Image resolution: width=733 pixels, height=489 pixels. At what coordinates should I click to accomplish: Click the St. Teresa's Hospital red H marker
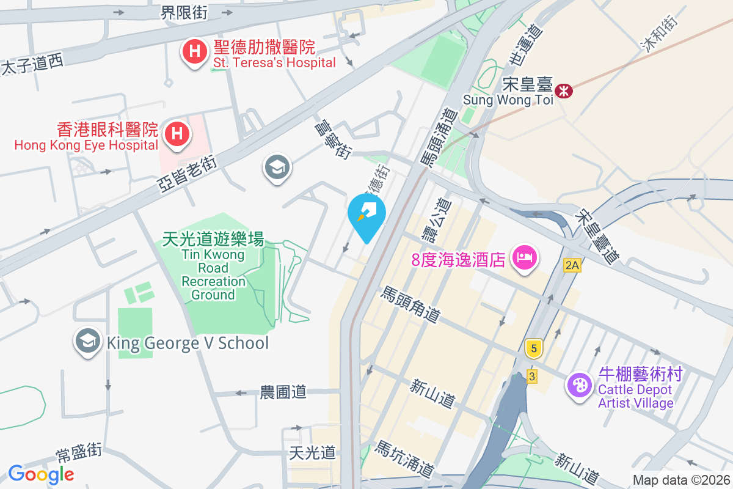[x=194, y=52]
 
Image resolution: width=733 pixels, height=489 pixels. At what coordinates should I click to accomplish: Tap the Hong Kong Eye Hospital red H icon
[x=177, y=133]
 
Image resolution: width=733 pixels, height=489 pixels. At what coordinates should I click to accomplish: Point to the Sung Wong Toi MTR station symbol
[x=563, y=90]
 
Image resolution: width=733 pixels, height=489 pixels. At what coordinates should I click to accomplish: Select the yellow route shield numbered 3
[x=532, y=377]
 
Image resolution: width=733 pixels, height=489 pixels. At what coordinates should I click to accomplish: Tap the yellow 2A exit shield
[x=572, y=265]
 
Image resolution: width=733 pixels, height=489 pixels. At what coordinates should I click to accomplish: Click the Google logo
[x=41, y=474]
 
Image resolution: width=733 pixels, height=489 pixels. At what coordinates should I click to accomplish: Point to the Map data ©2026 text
[x=681, y=480]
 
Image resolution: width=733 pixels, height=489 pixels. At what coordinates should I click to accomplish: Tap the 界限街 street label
[x=184, y=12]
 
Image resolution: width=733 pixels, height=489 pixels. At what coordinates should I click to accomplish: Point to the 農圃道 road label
[x=283, y=392]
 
